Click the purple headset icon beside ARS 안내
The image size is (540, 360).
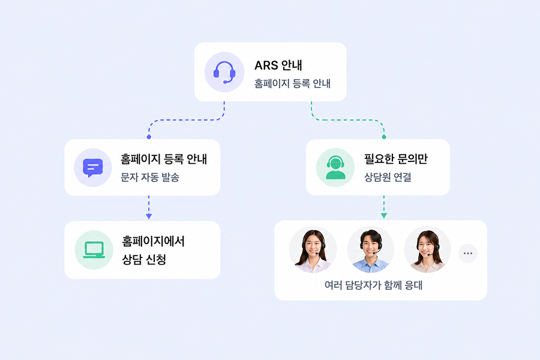click(x=224, y=72)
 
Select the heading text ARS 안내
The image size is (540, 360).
click(x=278, y=65)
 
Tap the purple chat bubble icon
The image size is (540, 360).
click(x=93, y=168)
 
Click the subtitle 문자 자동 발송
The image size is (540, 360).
click(x=150, y=177)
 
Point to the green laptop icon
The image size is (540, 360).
click(x=94, y=250)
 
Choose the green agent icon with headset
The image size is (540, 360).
click(x=335, y=167)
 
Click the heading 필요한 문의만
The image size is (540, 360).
click(x=396, y=159)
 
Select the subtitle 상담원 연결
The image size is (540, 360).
click(x=388, y=177)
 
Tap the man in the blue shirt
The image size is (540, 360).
click(x=371, y=250)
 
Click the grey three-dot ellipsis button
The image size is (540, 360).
click(x=468, y=253)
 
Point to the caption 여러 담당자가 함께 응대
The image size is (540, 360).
click(x=373, y=285)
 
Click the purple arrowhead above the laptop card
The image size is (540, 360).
click(x=149, y=217)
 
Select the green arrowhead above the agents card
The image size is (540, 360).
click(x=384, y=215)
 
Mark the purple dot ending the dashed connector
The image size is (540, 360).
click(x=149, y=137)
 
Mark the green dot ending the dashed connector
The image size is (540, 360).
click(x=384, y=137)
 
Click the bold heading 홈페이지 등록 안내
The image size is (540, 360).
click(x=164, y=159)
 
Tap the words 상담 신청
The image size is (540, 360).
click(x=144, y=259)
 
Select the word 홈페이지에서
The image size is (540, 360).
click(x=153, y=241)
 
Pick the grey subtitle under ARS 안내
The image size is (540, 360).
click(x=292, y=83)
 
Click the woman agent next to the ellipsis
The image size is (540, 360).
click(x=427, y=250)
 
